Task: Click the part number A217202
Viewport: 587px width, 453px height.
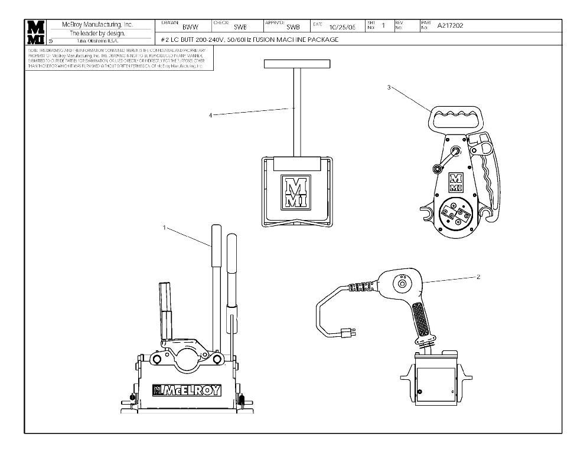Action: (x=450, y=26)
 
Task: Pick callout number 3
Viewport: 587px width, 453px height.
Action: (x=389, y=87)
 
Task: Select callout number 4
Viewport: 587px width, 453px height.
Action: (x=210, y=115)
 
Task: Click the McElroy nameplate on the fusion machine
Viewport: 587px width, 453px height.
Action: (x=187, y=390)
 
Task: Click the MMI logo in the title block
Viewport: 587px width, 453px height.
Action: (x=36, y=32)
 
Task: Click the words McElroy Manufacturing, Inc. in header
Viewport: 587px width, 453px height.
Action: (x=97, y=25)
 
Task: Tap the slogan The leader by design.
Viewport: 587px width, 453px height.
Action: (x=97, y=33)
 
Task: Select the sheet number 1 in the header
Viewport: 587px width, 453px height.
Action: (x=383, y=25)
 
